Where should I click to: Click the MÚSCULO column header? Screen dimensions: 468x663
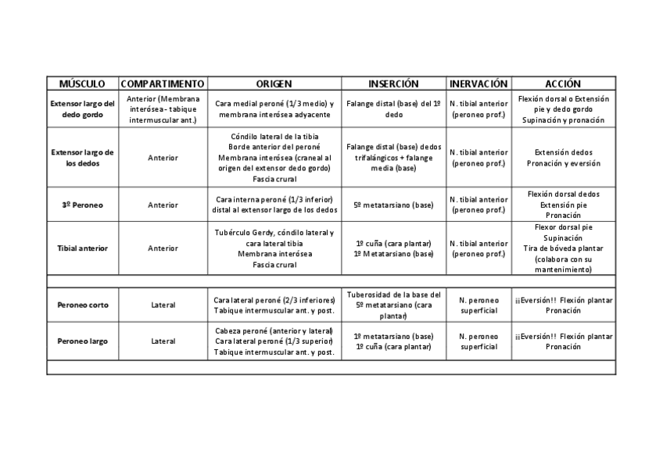pos(82,84)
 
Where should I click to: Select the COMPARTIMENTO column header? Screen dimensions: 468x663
pos(163,84)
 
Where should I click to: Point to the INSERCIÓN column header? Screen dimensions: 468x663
pos(393,84)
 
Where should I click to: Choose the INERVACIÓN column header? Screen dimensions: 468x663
pos(478,84)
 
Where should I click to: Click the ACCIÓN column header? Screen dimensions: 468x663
pos(563,84)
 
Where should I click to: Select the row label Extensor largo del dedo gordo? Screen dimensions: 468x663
pos(82,109)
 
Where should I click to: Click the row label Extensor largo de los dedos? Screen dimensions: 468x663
pos(82,158)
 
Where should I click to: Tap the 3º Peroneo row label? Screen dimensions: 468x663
pos(82,205)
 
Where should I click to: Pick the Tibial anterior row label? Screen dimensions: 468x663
pos(82,248)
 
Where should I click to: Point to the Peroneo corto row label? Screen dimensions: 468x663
pos(82,305)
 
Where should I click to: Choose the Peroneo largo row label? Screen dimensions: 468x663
pos(82,341)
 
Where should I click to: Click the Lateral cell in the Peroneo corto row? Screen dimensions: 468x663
pos(163,305)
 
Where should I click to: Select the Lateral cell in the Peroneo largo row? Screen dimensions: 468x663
pos(163,341)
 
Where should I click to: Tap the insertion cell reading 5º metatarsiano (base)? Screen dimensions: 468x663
pos(393,205)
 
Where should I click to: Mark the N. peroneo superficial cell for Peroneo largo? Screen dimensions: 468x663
pos(478,341)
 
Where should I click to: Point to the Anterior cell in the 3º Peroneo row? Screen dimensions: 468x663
pos(163,205)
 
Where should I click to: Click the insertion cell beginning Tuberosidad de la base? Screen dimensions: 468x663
pos(393,305)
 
